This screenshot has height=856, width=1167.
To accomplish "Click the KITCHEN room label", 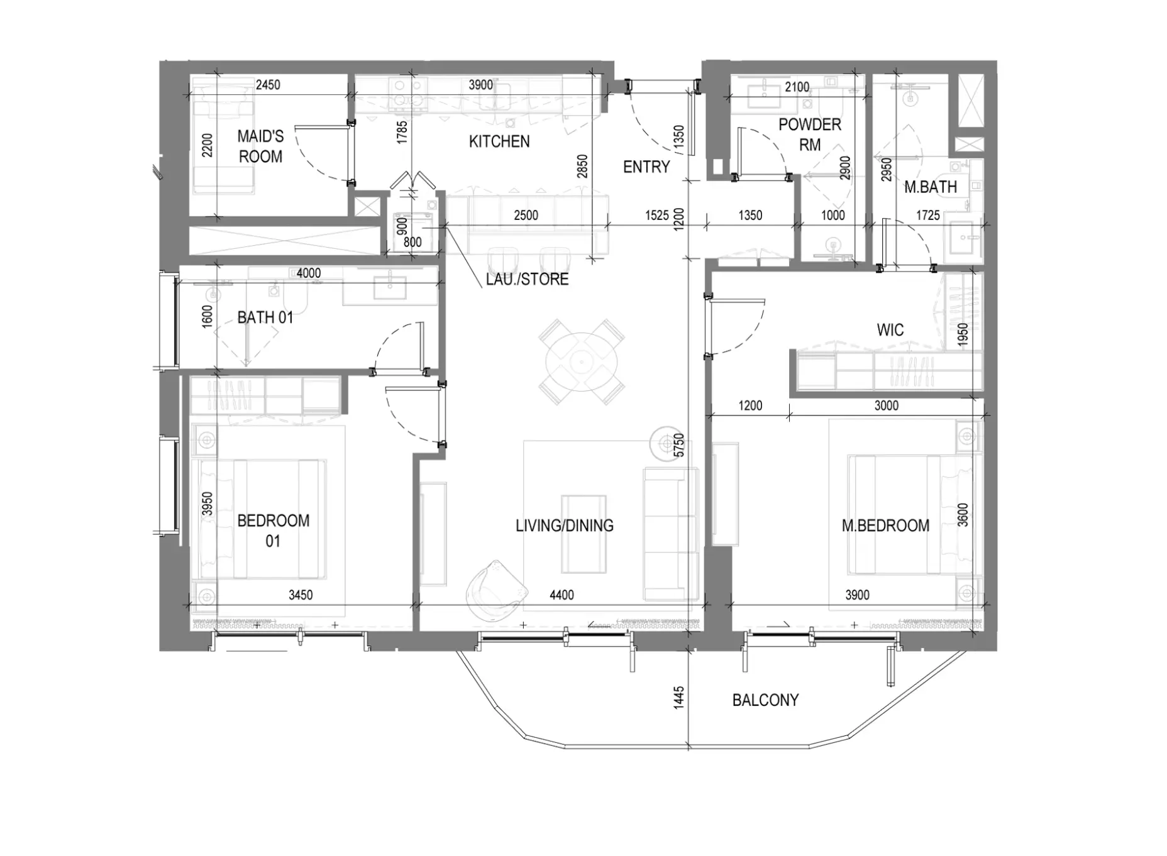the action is tap(499, 141).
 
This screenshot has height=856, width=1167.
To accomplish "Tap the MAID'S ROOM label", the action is tap(260, 146).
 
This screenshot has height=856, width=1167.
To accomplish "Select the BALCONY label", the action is tap(765, 700).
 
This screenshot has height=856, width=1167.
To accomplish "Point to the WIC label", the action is tap(890, 330).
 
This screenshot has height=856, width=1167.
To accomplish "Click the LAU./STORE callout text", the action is tap(527, 279).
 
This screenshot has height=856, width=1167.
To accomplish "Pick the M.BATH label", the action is tap(931, 187).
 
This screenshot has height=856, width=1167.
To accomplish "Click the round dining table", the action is tap(582, 363).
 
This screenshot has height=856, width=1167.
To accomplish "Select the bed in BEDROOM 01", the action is tap(263, 519).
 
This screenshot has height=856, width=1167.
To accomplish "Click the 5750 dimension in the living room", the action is tap(678, 445).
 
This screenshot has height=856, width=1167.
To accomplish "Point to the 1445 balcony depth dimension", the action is tap(678, 698).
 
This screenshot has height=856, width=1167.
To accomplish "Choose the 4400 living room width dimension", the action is tap(561, 595).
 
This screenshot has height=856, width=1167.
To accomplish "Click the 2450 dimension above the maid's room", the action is tap(268, 85).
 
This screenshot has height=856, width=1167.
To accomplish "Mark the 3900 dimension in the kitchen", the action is tap(481, 85).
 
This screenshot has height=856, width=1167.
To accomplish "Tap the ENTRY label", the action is tap(646, 167).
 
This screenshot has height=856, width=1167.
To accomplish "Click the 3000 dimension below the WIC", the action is tap(887, 405).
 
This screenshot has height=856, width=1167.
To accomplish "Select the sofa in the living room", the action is tap(671, 534).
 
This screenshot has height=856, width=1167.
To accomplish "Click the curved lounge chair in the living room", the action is tap(496, 590).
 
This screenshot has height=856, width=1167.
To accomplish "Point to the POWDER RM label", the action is tap(809, 134).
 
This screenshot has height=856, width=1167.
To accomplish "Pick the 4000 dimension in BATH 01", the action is tap(308, 273).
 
